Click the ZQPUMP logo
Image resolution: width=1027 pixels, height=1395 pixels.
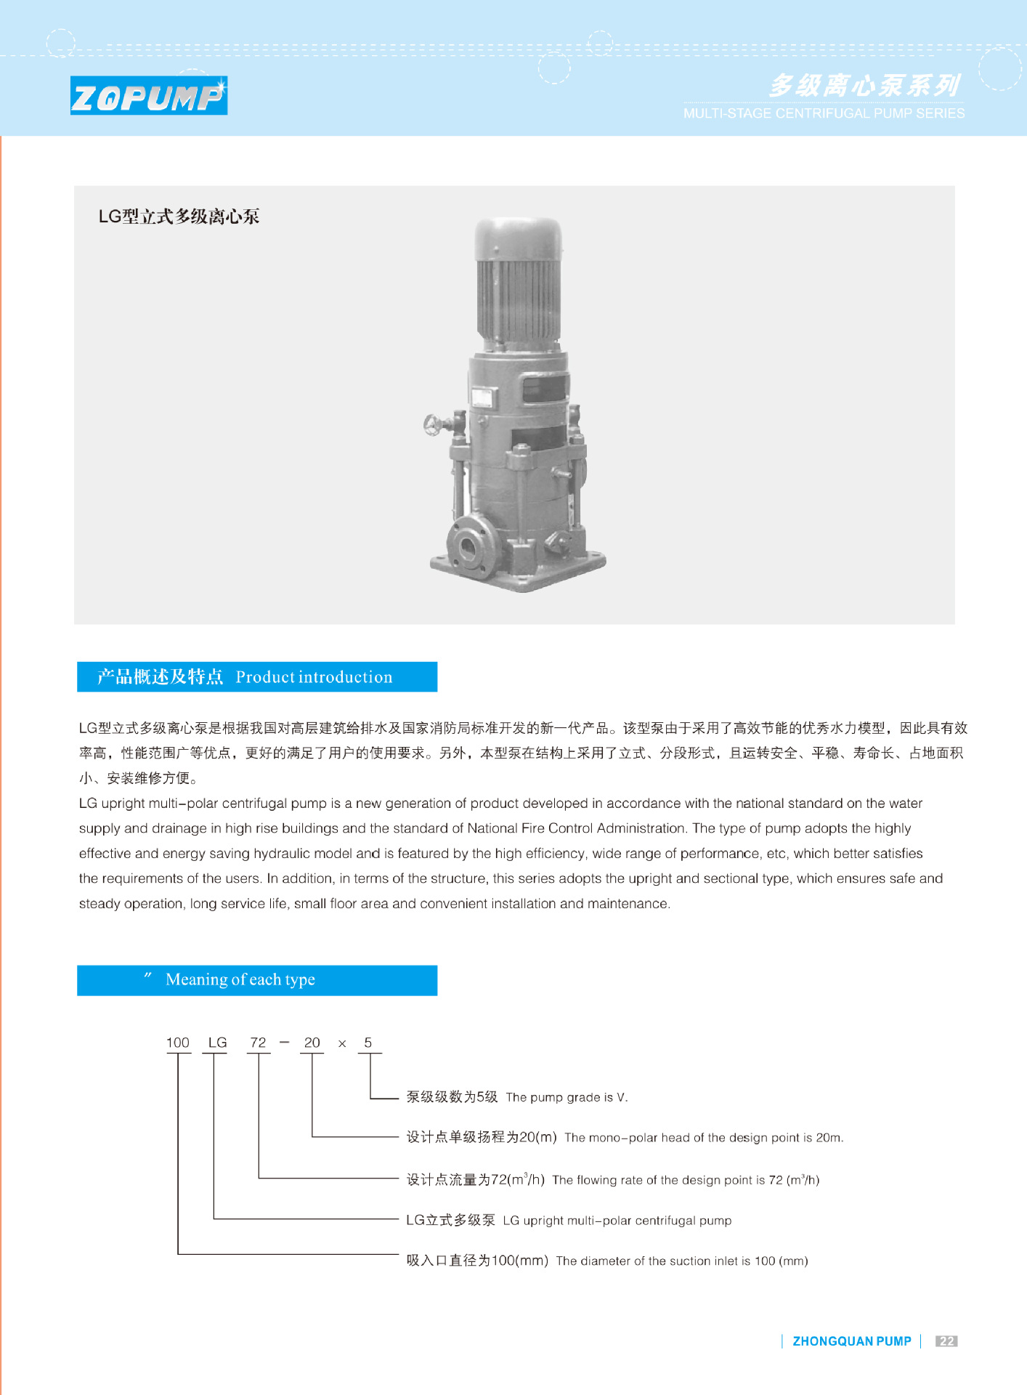[148, 96]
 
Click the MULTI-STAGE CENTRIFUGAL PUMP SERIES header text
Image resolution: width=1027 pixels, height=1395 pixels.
[824, 113]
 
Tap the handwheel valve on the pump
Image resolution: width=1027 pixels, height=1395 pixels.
[434, 424]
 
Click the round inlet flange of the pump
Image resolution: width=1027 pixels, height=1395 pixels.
[466, 546]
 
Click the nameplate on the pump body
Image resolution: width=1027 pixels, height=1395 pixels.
[482, 397]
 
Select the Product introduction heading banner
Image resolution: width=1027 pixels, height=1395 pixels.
[257, 676]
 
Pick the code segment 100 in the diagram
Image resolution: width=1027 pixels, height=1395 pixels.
[177, 1043]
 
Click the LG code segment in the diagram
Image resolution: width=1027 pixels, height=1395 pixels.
[217, 1043]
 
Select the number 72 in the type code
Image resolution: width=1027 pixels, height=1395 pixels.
[258, 1043]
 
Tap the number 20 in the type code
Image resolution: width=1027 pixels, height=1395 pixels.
[312, 1043]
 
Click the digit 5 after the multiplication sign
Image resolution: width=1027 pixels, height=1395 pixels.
[368, 1043]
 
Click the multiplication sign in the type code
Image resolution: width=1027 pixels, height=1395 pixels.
[342, 1044]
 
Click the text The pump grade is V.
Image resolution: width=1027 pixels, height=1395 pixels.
[567, 1097]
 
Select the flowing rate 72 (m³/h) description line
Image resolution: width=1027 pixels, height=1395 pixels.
[612, 1179]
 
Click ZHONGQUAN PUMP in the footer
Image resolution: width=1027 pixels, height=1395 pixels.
[851, 1341]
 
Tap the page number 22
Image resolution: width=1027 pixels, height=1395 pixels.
[946, 1341]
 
